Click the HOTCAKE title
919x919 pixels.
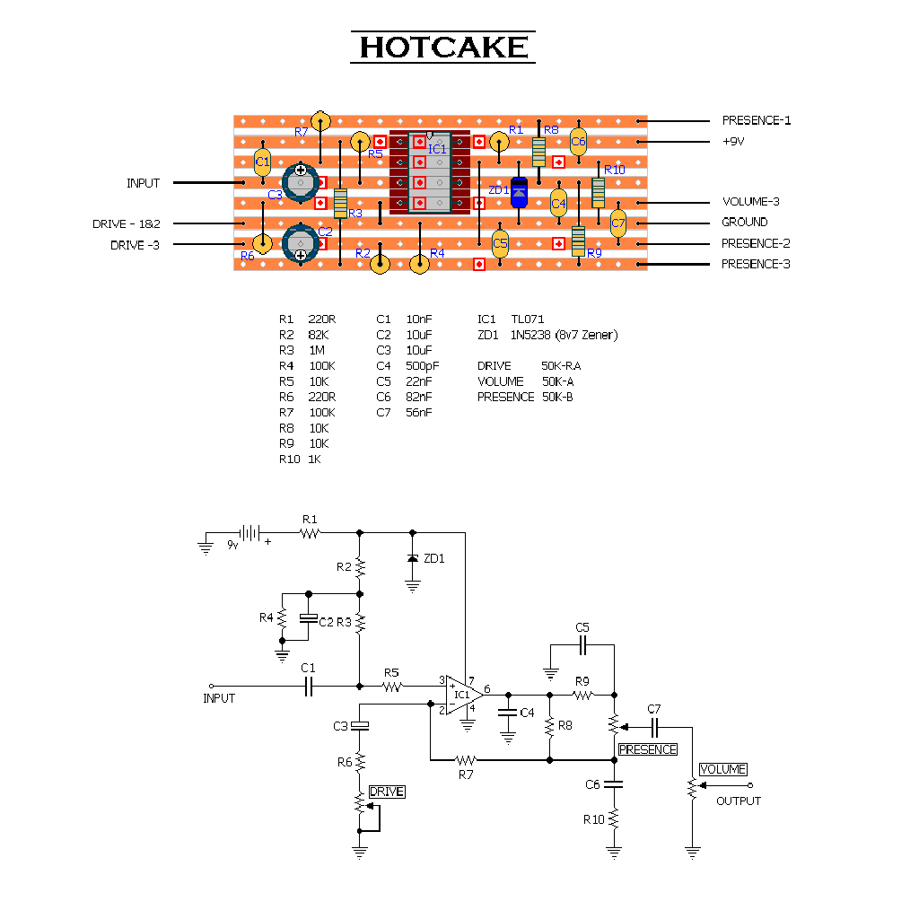coord(443,48)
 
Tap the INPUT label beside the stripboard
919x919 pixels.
coord(143,183)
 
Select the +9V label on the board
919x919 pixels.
coord(733,142)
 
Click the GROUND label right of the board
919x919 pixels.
coord(744,222)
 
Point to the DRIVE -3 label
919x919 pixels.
coord(135,245)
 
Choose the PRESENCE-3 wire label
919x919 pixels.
coord(756,264)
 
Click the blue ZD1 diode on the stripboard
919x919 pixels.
coord(519,192)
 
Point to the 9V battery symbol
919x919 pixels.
coord(249,533)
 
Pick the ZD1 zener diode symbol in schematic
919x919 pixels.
coord(413,558)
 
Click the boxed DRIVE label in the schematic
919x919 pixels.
coord(387,792)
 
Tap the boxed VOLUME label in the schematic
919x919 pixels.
coord(722,769)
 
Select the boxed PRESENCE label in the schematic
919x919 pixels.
coord(648,749)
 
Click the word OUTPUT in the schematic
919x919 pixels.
coord(738,801)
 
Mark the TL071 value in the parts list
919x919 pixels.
coord(528,319)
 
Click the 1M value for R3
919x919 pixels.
coord(316,350)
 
